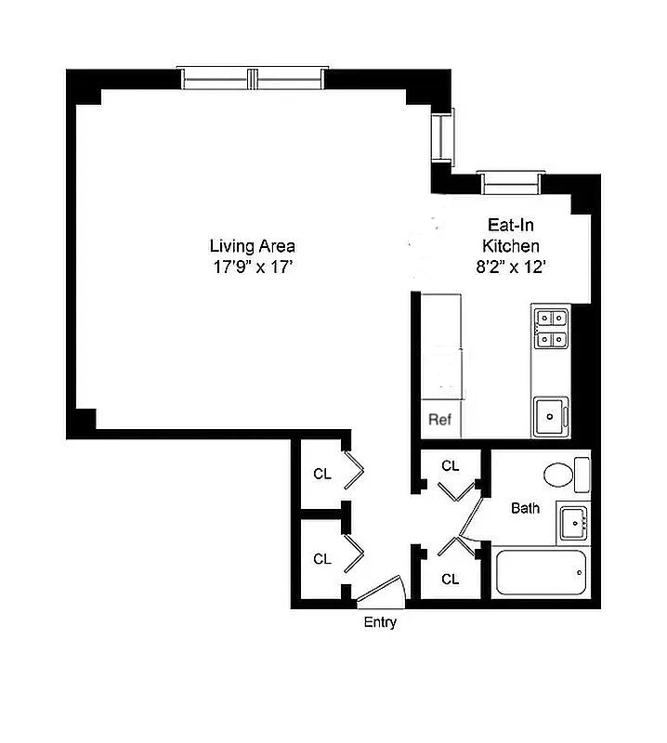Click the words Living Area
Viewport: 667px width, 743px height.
point(252,246)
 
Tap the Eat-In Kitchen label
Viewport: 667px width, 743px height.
point(510,236)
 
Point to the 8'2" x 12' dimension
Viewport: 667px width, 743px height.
point(510,268)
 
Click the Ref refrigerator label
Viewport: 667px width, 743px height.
point(439,420)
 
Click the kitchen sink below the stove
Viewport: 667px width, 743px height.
point(551,415)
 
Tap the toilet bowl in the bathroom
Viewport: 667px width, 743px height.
point(559,475)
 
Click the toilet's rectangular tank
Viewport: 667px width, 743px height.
point(582,475)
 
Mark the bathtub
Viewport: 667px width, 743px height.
point(542,574)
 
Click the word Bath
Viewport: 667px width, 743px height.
point(525,508)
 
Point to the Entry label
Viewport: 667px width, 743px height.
point(379,622)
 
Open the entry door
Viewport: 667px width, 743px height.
point(381,592)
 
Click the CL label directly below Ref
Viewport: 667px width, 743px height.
point(451,465)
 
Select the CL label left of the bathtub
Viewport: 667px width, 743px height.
point(451,579)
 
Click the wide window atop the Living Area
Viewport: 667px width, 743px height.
point(253,80)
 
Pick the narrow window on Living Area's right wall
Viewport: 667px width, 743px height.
point(443,137)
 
